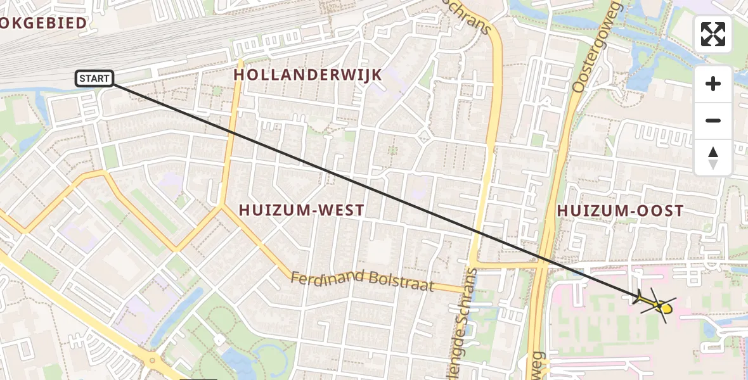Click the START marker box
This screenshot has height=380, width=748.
pos(94,79)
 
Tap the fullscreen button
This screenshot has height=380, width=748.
pos(713,34)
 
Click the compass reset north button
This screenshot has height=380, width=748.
pos(713,158)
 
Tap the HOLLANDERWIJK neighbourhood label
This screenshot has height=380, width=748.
pos(308,75)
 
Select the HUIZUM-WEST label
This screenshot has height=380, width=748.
pos(301,210)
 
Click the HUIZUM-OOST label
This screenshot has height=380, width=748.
pos(620,211)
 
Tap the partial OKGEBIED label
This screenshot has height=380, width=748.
pos(43,23)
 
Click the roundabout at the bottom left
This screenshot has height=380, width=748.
pos(152,362)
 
